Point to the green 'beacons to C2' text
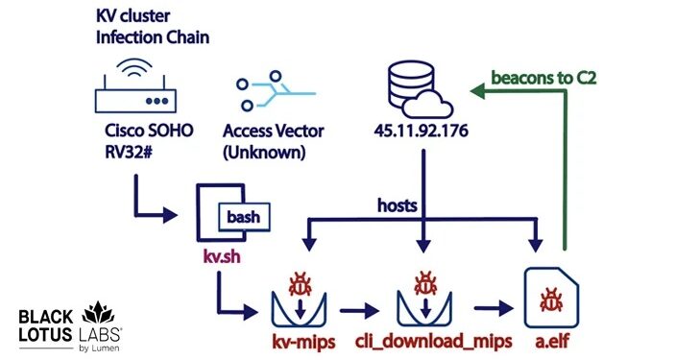pos(543,77)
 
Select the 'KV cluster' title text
pos(133,16)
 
